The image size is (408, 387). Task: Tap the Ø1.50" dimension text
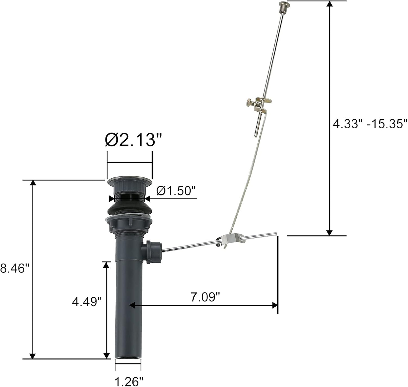point(176,191)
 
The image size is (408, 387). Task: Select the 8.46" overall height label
point(15,268)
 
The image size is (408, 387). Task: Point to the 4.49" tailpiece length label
point(87,302)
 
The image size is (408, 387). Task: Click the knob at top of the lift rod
point(283,5)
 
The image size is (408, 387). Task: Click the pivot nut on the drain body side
point(153,252)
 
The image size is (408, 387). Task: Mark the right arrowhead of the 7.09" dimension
point(275,305)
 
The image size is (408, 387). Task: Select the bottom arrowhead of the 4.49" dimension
point(106,356)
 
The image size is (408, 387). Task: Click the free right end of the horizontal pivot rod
point(275,234)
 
